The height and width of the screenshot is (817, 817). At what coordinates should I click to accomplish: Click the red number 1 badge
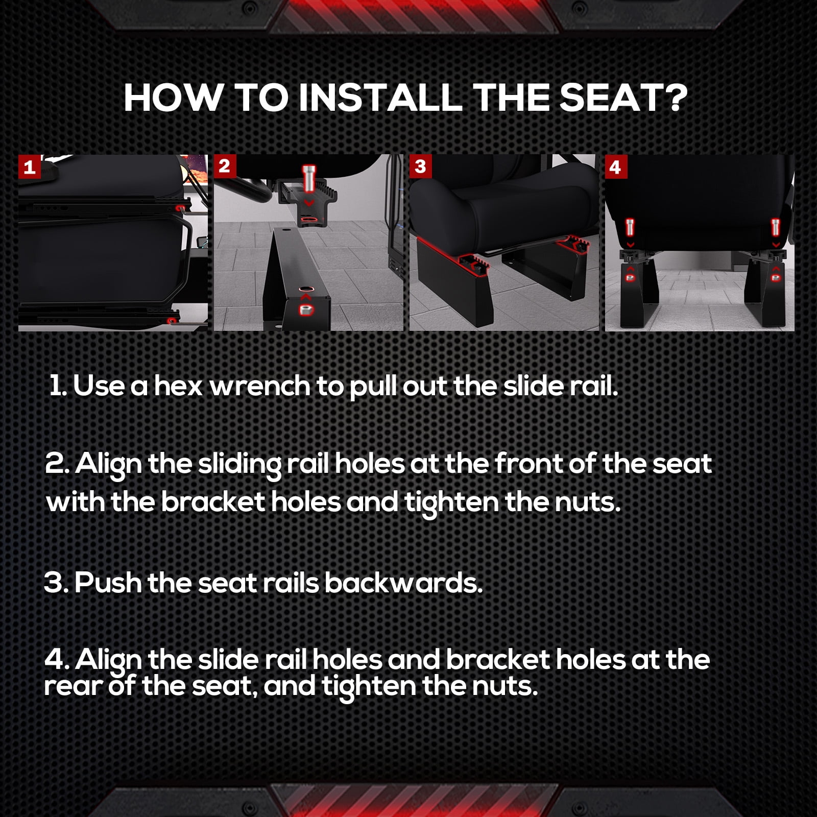point(30,167)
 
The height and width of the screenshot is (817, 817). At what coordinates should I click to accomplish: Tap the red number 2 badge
point(224,166)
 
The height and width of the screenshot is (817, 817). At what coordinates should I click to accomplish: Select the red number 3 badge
point(420,166)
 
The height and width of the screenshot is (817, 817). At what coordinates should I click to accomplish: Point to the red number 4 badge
point(615,167)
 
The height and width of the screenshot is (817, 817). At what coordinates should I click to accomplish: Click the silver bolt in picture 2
point(309,178)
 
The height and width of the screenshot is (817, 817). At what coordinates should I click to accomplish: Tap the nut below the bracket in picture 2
point(306,309)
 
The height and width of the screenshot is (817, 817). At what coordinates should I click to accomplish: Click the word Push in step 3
point(108,583)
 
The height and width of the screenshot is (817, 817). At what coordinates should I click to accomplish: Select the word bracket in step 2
point(213,502)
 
